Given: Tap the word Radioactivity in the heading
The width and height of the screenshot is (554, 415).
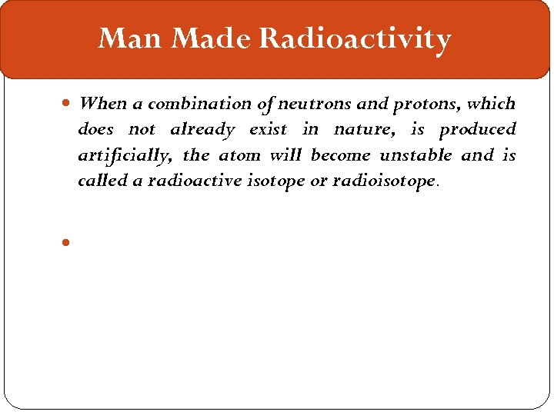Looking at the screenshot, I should click(x=355, y=38).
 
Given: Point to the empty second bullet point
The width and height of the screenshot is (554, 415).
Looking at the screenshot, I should click(x=67, y=241).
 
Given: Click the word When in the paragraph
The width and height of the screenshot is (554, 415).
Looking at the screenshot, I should click(x=103, y=103).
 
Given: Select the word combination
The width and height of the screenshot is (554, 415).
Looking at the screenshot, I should click(x=195, y=103).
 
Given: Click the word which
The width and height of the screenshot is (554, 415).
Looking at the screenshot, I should click(x=491, y=103).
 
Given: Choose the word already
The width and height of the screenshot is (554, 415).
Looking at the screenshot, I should click(x=202, y=129).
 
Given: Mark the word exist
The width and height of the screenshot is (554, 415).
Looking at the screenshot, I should click(x=268, y=129).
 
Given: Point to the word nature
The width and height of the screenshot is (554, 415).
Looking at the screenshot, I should click(x=360, y=130).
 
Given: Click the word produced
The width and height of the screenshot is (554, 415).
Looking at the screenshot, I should click(x=477, y=130).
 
